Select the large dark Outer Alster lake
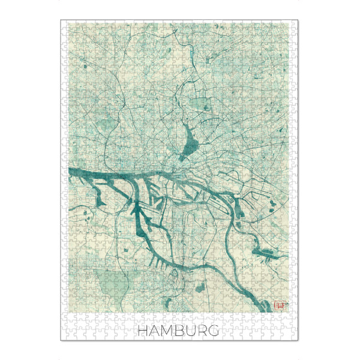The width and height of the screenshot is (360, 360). (x=192, y=143)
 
